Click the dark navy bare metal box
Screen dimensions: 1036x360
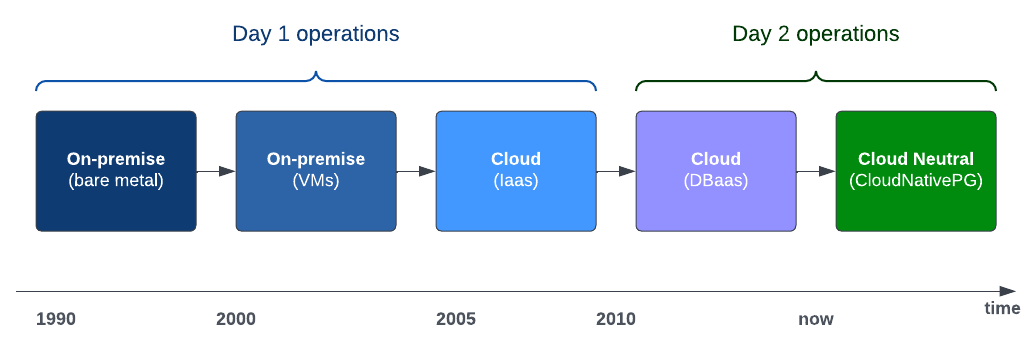(x=116, y=171)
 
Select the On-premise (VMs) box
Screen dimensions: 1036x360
(x=316, y=171)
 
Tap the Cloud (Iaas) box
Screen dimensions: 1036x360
(x=516, y=171)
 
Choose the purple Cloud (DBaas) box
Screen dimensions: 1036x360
(x=716, y=171)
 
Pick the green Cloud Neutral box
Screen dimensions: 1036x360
(x=916, y=171)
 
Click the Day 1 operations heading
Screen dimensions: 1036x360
(x=316, y=34)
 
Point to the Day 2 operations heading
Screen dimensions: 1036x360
(x=816, y=34)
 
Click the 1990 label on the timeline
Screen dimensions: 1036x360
(x=56, y=320)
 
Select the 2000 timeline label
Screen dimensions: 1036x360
(x=236, y=320)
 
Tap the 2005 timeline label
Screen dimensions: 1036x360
(x=456, y=320)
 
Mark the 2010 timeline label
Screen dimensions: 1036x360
(x=616, y=320)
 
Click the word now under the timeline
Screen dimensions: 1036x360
(x=816, y=320)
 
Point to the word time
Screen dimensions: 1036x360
(x=1002, y=308)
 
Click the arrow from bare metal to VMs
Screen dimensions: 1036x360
(x=216, y=171)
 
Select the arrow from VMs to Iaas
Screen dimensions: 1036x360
(x=416, y=171)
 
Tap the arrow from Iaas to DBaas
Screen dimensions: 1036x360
(x=616, y=171)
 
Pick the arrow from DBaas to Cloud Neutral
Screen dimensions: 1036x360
(x=817, y=171)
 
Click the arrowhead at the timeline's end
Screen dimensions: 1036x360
(x=1008, y=291)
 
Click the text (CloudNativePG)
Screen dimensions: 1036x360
(x=916, y=180)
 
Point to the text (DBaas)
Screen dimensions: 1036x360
(x=716, y=180)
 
